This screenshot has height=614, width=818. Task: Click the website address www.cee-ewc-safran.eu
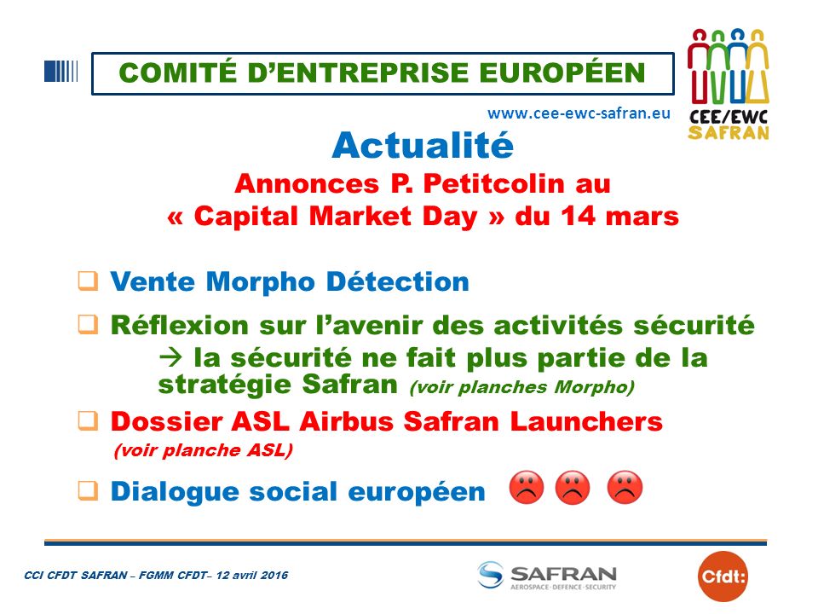(579, 113)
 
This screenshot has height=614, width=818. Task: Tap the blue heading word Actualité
(423, 145)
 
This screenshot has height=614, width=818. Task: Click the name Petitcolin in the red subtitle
(493, 183)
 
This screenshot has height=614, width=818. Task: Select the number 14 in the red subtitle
(578, 216)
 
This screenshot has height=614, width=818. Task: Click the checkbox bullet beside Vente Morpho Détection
(88, 281)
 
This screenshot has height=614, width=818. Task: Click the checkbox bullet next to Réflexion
(88, 324)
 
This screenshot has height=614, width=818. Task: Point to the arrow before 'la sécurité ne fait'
(171, 357)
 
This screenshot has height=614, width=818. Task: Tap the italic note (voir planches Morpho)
(522, 387)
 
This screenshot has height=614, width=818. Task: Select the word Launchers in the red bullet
(586, 421)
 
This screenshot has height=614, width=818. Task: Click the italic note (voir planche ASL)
(204, 450)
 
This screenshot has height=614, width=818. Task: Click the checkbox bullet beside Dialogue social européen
(88, 490)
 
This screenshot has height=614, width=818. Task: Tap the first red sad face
(527, 488)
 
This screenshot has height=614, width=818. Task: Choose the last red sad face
(625, 488)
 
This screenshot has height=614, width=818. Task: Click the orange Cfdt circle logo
(723, 576)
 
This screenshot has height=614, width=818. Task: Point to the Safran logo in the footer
(547, 576)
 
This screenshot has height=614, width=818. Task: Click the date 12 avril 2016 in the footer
(252, 576)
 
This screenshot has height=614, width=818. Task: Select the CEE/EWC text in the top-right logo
(729, 117)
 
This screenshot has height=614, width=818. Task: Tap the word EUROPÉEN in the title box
(562, 72)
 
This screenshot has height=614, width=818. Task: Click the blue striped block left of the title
(61, 72)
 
